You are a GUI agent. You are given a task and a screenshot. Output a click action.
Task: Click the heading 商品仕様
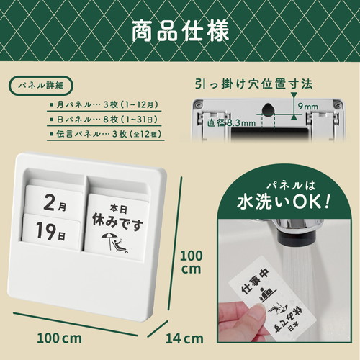[x=180, y=32]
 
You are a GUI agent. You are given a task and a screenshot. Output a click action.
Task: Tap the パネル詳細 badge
[x=41, y=85]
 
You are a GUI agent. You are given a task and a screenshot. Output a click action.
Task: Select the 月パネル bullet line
[x=104, y=105]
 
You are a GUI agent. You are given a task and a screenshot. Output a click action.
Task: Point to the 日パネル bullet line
[x=104, y=120]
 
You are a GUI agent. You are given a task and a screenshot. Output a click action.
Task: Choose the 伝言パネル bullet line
[x=106, y=134]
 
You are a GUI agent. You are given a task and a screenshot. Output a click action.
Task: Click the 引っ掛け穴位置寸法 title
[x=254, y=84]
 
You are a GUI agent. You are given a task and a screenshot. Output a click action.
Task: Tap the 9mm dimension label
[x=308, y=107]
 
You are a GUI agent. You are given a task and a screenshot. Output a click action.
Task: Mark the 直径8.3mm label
[x=231, y=123]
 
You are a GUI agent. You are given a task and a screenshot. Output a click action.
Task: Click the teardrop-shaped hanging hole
[x=269, y=109]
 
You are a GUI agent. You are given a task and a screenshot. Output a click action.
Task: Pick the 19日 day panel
[x=51, y=232]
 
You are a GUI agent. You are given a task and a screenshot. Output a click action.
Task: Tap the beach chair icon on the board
[x=114, y=243]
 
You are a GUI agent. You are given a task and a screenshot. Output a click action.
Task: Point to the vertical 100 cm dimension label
[x=192, y=262]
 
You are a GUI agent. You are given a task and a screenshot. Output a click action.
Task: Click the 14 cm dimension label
[x=184, y=338]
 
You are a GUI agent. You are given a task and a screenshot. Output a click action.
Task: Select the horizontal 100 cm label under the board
[x=59, y=338]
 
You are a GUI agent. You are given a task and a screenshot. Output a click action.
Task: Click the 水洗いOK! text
[x=284, y=202]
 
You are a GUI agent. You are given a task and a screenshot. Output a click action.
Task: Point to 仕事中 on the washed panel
[x=256, y=281]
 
